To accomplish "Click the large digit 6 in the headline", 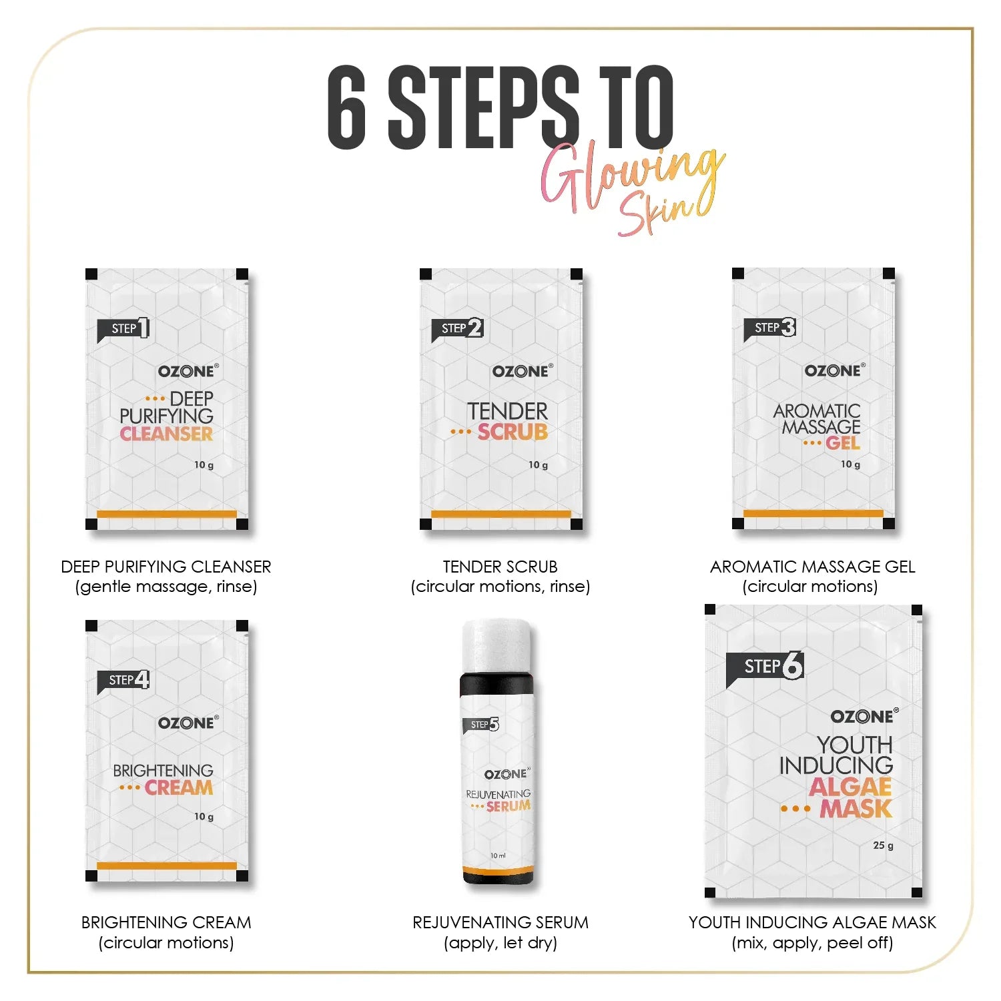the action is [x=347, y=107].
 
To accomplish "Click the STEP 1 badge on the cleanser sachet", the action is [x=124, y=328].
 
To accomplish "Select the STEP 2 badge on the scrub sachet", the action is [x=458, y=328].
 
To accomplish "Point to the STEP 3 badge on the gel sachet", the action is [x=771, y=328].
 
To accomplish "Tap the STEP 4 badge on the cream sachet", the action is [x=124, y=680].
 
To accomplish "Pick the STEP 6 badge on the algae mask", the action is [x=765, y=667].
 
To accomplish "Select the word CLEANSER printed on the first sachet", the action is [x=166, y=434].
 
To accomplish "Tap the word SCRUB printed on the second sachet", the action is [x=513, y=432].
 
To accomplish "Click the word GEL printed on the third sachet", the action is [x=843, y=443].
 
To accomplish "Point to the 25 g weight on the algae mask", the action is [x=883, y=846].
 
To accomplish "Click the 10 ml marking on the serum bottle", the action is [x=498, y=856].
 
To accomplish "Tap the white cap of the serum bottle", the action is [x=497, y=646].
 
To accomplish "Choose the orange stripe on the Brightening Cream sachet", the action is [x=167, y=866].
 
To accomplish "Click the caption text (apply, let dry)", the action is [x=500, y=943].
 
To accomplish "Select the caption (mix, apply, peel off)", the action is [x=812, y=943].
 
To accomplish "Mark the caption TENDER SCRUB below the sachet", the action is [x=500, y=567].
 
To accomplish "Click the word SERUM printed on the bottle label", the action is [x=509, y=806].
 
